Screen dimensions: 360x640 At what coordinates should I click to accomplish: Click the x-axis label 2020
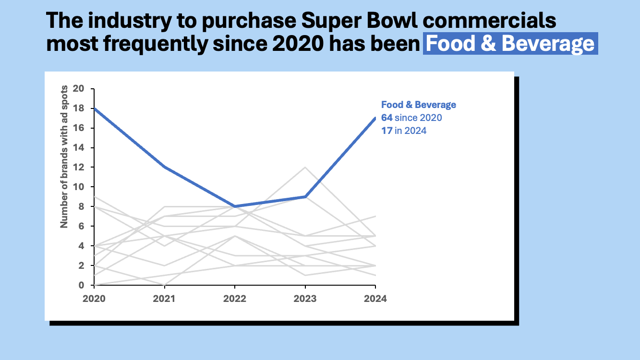tap(94, 299)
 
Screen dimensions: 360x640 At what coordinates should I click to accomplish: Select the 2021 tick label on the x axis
tap(164, 299)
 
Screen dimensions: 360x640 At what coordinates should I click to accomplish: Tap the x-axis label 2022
tap(235, 299)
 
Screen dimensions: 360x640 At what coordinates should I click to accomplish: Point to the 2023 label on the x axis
tap(305, 299)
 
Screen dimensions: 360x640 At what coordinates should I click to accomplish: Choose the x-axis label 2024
tap(375, 299)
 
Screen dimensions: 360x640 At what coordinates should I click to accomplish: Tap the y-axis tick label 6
tap(81, 226)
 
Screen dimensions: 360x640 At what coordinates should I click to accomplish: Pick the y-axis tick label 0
tap(81, 285)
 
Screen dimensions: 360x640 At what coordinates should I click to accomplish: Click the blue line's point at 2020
tap(94, 108)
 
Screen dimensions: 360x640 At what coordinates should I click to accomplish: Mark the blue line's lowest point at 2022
tap(235, 206)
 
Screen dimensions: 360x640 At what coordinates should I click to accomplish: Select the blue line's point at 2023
tap(305, 197)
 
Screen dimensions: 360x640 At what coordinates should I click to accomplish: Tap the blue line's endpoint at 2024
tap(375, 118)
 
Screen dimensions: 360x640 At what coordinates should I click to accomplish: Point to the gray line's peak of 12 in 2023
tap(305, 168)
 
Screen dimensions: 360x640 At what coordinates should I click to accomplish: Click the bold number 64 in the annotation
tap(386, 118)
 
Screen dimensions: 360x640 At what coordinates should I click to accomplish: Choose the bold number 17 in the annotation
tap(386, 131)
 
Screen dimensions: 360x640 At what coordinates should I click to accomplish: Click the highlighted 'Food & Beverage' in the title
tap(510, 44)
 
